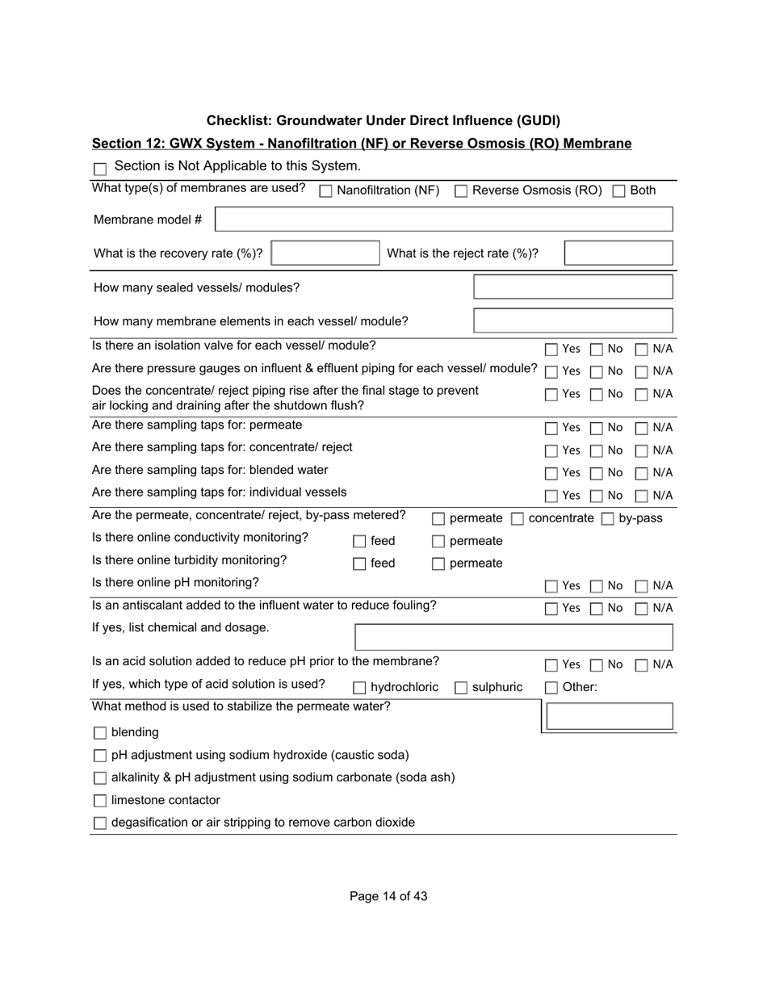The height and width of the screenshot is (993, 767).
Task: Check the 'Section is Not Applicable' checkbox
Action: coord(100,169)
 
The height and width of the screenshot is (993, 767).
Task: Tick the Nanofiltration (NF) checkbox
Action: coord(326,191)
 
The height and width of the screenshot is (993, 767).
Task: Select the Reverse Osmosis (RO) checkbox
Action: coord(461,191)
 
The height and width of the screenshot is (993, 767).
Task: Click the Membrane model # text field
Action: coord(443,220)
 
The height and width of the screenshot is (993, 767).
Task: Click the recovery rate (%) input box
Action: coord(325,253)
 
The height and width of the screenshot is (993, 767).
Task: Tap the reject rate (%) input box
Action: coord(618,253)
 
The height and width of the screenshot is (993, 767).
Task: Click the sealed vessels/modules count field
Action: coord(572,287)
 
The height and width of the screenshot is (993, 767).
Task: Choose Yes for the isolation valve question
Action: coord(551,350)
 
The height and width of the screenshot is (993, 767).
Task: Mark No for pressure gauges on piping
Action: coord(597,372)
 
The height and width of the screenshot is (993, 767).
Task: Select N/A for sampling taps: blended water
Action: coord(642,473)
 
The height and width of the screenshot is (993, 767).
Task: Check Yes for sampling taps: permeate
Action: coord(551,428)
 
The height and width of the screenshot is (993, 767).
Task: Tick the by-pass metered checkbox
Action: coord(608,519)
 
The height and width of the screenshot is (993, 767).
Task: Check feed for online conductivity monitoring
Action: coord(359,542)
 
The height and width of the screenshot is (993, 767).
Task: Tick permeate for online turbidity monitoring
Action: coord(438,564)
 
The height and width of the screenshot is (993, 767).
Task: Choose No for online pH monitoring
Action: coord(597,586)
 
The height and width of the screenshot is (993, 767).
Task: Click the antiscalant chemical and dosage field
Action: coord(513,637)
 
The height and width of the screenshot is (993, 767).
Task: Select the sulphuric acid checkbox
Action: coord(461,688)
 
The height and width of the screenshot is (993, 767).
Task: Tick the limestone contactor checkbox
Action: coord(100,801)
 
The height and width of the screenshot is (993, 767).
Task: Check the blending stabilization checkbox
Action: coord(100,733)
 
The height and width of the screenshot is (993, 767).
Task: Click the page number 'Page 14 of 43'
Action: coord(388,896)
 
